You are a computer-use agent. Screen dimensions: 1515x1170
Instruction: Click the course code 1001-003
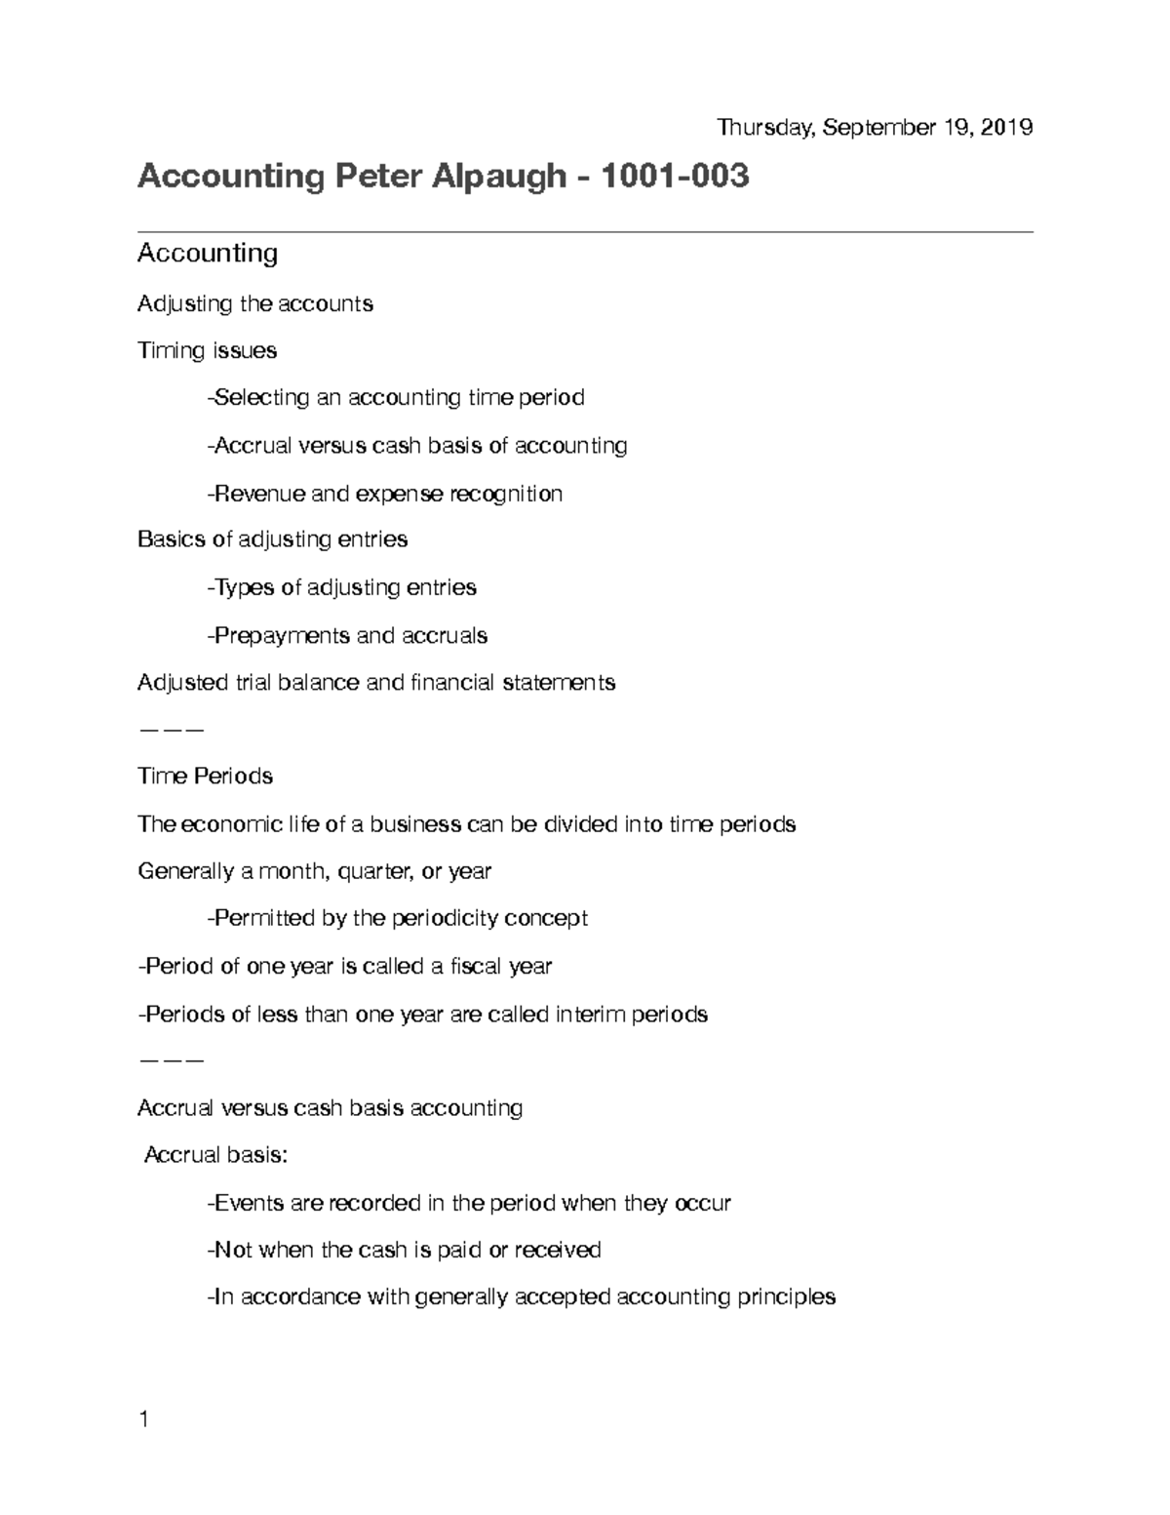(675, 177)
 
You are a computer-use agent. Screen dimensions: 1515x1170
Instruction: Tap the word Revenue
(258, 494)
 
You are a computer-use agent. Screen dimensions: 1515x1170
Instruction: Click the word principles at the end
(786, 1297)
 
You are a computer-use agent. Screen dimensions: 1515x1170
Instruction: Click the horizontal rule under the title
(585, 232)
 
